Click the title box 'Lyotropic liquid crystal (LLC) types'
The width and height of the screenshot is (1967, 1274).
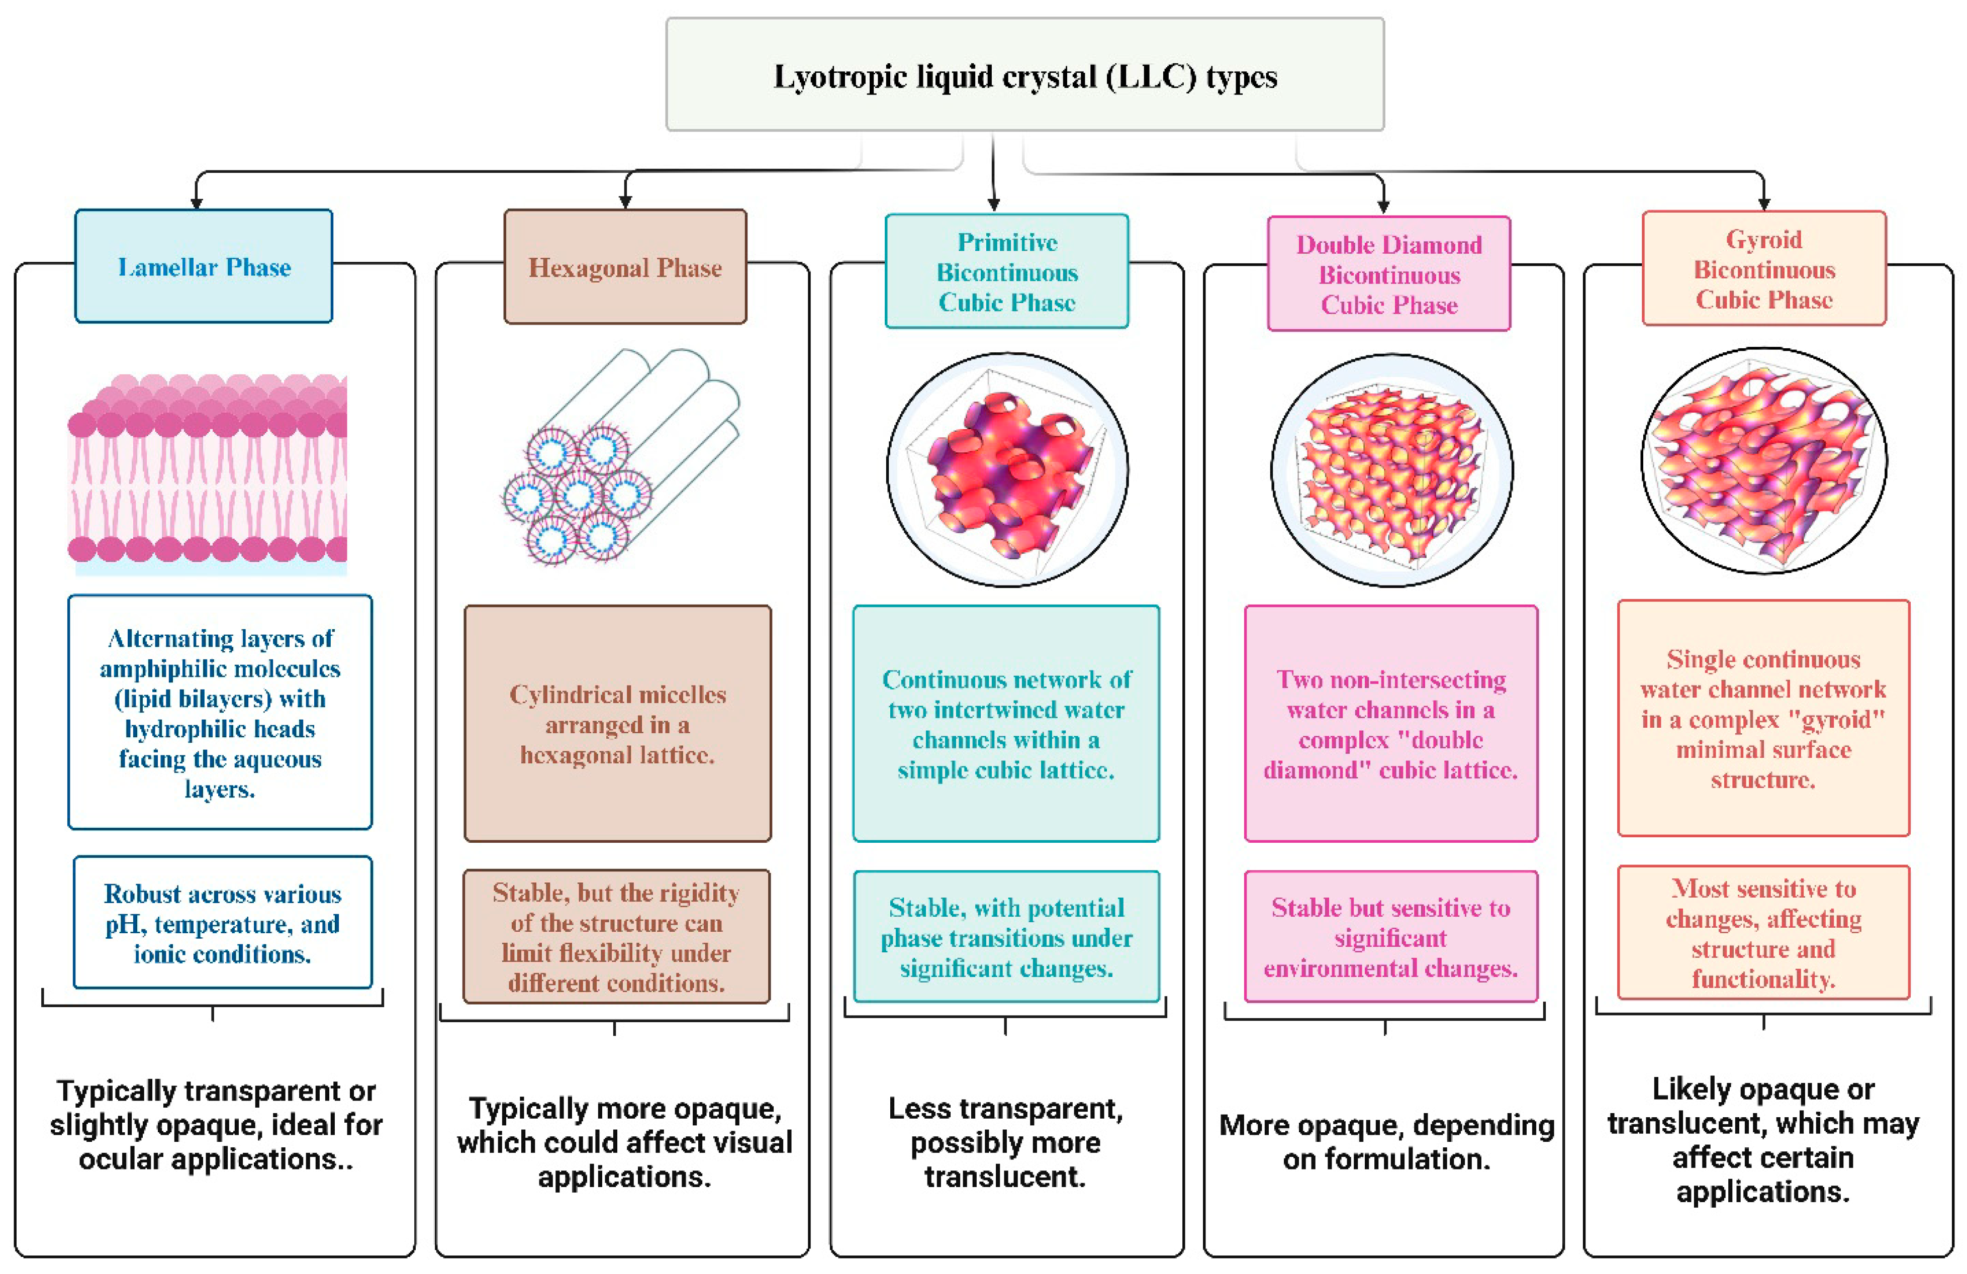1025,75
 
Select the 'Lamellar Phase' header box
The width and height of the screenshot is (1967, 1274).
204,267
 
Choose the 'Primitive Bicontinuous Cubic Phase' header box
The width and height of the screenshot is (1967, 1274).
1007,272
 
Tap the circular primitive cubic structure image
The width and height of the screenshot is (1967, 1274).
1007,470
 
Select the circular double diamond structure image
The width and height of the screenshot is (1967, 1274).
1392,470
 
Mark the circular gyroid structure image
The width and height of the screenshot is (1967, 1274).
1764,460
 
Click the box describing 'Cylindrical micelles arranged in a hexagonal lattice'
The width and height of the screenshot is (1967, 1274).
617,724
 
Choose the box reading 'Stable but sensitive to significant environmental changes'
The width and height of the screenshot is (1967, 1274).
1391,937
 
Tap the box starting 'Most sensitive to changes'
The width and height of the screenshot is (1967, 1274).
1764,933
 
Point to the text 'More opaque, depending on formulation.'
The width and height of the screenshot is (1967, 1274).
1387,1142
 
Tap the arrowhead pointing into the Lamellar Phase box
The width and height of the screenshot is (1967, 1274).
196,203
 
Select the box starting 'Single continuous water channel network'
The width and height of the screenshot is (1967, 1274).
1764,719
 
